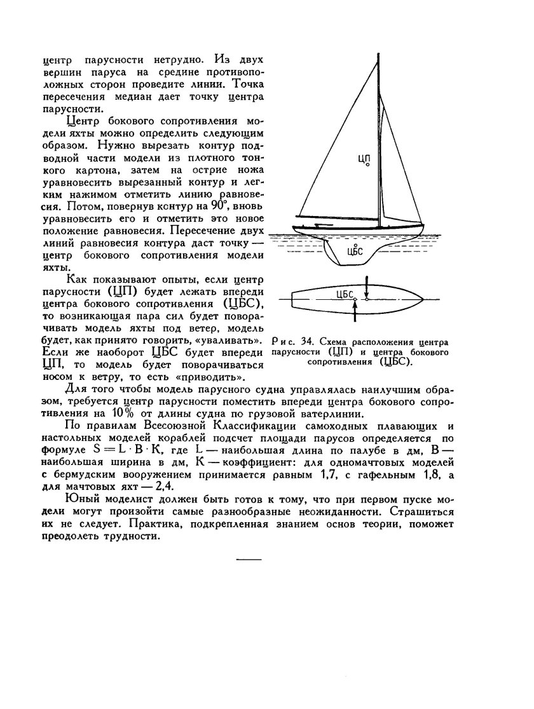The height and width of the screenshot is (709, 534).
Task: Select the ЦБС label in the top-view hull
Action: tap(344, 294)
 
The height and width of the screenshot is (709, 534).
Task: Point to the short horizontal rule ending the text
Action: tap(249, 559)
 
